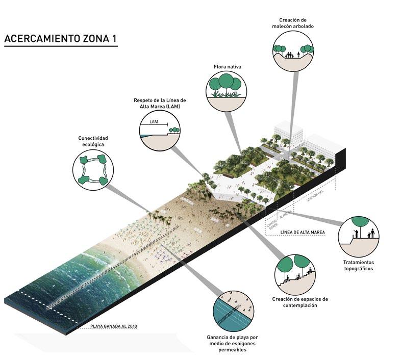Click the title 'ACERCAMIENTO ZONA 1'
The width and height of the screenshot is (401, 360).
60,38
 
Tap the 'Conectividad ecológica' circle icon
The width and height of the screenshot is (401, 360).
93,169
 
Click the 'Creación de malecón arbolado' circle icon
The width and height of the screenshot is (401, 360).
292,51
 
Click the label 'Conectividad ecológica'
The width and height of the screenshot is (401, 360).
93,141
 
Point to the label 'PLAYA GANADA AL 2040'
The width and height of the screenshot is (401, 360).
114,327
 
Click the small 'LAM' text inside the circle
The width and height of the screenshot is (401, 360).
155,122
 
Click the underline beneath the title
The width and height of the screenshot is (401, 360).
60,47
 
